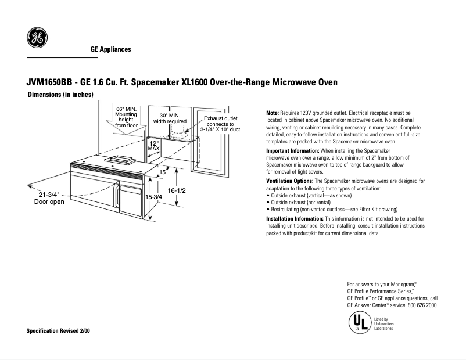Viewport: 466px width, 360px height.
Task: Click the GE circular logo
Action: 37,38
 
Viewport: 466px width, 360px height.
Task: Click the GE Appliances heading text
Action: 110,49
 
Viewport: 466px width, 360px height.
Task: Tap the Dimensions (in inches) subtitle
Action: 60,95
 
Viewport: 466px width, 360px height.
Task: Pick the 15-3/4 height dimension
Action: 153,197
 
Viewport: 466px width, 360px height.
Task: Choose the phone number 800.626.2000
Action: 422,305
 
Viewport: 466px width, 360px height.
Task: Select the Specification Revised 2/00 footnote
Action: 59,330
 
